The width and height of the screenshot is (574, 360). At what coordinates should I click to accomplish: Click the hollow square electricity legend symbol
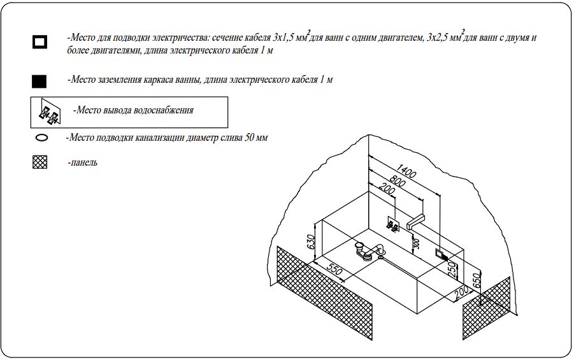pos(39,43)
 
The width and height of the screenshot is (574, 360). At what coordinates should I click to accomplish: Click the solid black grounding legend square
pos(39,81)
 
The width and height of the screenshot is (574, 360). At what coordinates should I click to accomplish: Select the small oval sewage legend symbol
pos(42,137)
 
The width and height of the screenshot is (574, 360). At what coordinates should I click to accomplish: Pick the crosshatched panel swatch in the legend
pos(40,162)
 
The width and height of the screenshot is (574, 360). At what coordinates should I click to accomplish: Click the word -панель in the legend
pos(82,162)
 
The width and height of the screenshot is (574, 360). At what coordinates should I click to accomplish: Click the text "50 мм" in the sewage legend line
pos(254,137)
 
